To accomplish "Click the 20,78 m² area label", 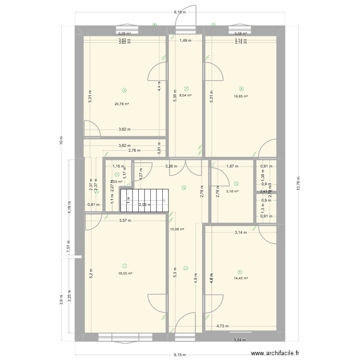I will [121, 104].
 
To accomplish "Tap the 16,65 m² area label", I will [240, 96].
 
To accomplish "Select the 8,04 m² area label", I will [186, 96].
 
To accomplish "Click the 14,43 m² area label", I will [240, 278].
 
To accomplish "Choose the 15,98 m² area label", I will [177, 229].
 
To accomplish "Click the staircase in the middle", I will [144, 201].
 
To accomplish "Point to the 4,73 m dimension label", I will [222, 326].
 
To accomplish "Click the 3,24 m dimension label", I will [240, 340].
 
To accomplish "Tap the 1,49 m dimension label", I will [185, 41].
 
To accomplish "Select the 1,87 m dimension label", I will [232, 167].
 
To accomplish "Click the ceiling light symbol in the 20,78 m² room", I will [125, 90].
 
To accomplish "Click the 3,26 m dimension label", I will [171, 167].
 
